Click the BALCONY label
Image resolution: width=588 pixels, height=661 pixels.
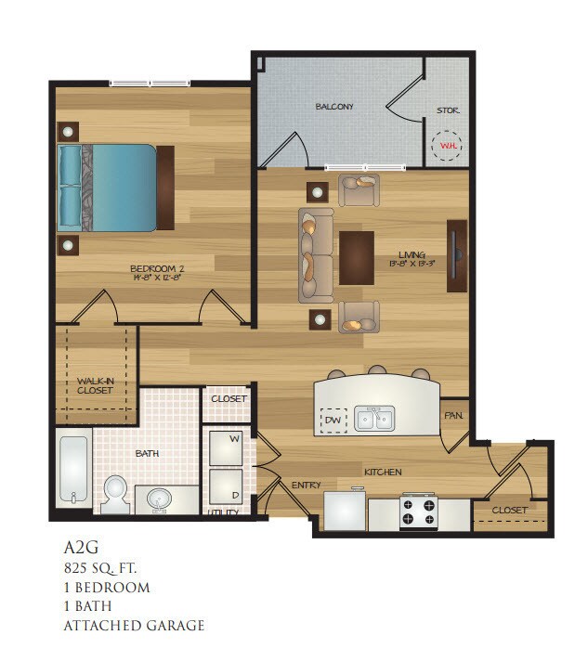[334, 107]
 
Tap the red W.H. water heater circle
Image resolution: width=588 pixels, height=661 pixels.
[448, 146]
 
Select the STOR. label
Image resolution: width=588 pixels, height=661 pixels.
[448, 110]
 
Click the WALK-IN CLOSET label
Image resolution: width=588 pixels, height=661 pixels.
[95, 385]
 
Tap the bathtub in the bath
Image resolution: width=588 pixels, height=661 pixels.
[72, 469]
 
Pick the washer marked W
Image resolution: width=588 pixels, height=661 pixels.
[226, 447]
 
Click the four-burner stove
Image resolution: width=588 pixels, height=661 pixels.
[418, 512]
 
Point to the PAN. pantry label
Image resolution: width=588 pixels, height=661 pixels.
[453, 415]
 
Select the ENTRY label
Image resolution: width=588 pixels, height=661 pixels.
[306, 485]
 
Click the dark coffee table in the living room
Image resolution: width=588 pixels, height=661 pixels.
[357, 257]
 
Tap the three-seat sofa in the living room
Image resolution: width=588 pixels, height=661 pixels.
[316, 255]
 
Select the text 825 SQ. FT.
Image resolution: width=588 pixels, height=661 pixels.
[106, 567]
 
